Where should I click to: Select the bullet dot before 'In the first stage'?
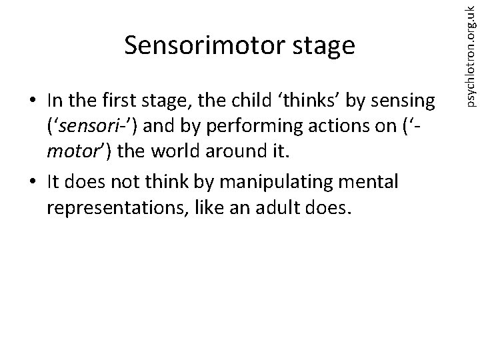tap(33, 101)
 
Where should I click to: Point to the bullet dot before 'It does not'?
tap(33, 181)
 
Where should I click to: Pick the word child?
tap(256, 101)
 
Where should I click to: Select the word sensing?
tap(405, 102)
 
